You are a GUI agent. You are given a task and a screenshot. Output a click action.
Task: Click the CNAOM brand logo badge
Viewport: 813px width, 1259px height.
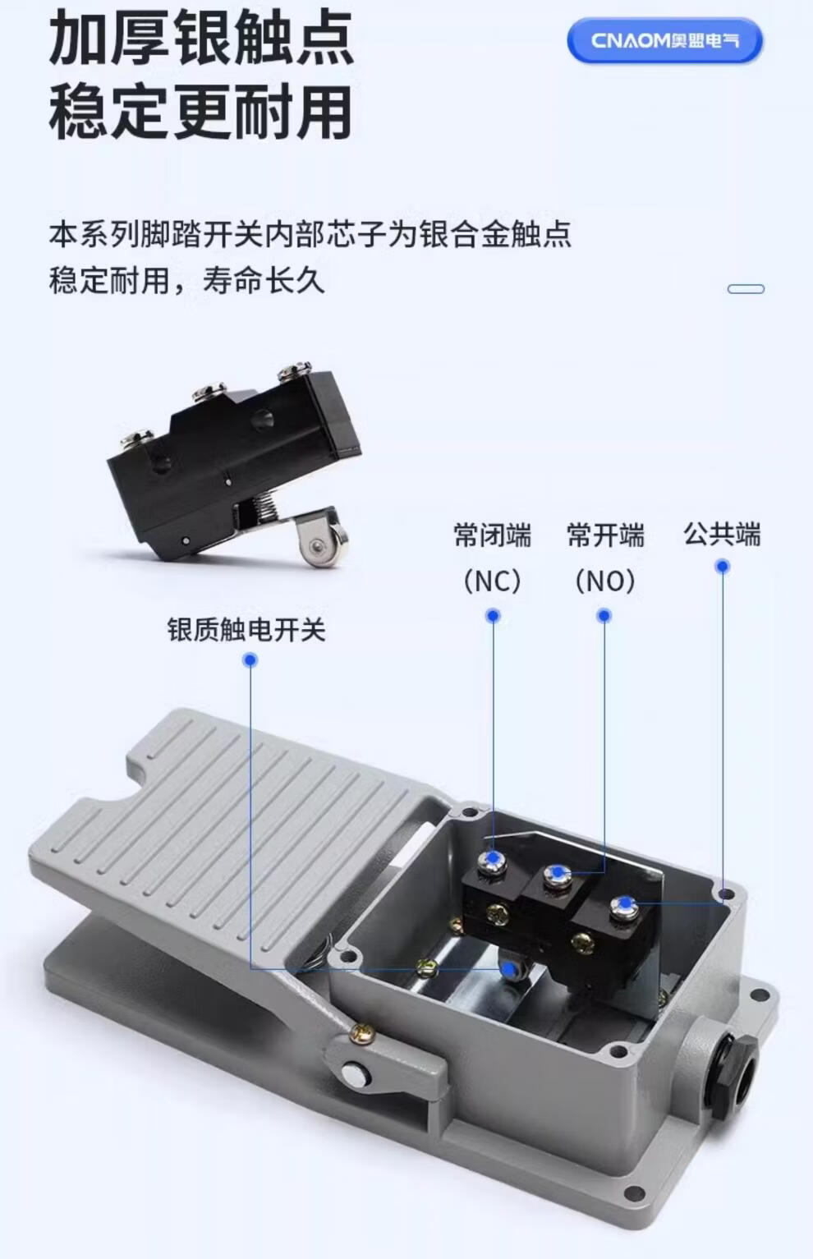click(x=664, y=40)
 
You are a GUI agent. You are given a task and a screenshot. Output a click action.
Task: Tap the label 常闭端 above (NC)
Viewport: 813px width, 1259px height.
click(x=492, y=535)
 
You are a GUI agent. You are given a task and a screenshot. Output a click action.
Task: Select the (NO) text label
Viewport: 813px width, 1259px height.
click(x=604, y=581)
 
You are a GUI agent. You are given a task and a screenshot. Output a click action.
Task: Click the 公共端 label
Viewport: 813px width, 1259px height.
click(x=722, y=534)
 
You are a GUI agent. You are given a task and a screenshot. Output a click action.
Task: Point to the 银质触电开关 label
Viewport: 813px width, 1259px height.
click(x=246, y=629)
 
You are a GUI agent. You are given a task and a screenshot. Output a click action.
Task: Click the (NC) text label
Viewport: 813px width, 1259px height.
click(x=492, y=581)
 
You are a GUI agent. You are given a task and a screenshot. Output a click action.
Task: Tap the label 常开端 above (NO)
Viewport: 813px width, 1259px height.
click(x=605, y=535)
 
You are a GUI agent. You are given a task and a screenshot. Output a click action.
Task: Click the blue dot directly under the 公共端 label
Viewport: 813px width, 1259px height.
click(x=723, y=567)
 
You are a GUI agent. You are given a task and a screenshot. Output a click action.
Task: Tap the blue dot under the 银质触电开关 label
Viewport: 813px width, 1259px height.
click(x=250, y=659)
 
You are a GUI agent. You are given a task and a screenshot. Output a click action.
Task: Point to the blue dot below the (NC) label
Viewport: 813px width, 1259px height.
click(x=493, y=616)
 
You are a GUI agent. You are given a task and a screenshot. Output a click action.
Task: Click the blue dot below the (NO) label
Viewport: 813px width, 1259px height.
click(x=604, y=616)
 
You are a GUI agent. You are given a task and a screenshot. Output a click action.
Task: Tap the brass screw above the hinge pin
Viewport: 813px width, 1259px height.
click(x=361, y=1032)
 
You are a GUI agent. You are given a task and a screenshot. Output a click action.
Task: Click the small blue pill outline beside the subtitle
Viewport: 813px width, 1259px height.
click(x=746, y=289)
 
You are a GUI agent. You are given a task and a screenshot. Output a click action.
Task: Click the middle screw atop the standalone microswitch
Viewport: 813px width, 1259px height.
click(x=209, y=391)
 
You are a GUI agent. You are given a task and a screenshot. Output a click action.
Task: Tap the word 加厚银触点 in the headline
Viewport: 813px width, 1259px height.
click(x=200, y=39)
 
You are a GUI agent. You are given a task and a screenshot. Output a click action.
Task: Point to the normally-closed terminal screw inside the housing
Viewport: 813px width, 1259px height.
click(x=492, y=860)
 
